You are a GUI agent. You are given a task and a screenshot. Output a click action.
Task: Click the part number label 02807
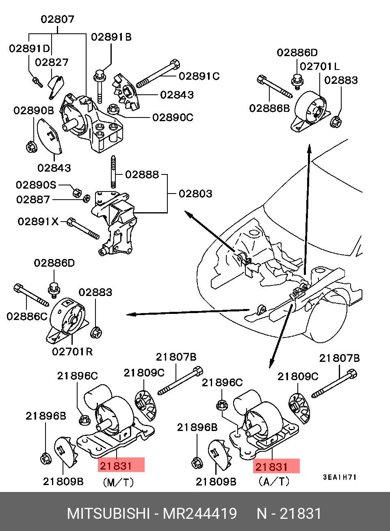[x=57, y=19]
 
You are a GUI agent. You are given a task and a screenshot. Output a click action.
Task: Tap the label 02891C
[x=199, y=76]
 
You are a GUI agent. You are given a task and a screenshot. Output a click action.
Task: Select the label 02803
[x=195, y=194]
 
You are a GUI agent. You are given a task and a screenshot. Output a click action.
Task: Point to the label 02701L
[x=319, y=66]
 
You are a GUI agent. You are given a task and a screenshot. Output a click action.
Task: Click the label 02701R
[x=72, y=351]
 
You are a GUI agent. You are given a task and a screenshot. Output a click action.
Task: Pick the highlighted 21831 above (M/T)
[x=121, y=465]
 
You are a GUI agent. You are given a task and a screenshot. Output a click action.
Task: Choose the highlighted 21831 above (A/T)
[x=276, y=466]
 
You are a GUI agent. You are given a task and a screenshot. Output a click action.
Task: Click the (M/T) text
[x=118, y=483]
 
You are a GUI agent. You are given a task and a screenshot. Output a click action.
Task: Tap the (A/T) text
[x=274, y=482]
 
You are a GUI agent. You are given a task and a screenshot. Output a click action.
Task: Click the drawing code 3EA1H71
[x=340, y=477]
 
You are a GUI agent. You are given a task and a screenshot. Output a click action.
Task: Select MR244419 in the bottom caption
[x=200, y=514]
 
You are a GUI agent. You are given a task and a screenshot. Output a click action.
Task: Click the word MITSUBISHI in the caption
[x=108, y=514]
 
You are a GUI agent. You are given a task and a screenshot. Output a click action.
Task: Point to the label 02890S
[x=36, y=185]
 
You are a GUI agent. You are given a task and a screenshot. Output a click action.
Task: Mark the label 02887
[x=33, y=200]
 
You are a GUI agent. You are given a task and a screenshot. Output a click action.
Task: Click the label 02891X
[x=38, y=222]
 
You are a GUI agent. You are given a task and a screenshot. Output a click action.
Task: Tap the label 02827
[x=52, y=62]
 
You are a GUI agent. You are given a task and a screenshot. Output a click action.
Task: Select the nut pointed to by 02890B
[x=31, y=146]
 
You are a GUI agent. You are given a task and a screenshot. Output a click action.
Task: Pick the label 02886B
[x=269, y=108]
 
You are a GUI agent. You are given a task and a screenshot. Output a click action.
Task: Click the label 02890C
[x=173, y=118]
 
